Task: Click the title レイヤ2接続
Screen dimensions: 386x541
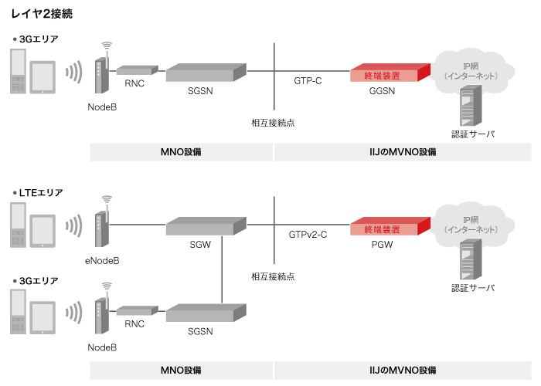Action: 43,15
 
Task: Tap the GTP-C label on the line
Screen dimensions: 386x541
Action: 308,80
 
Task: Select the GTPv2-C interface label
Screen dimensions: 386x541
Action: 308,234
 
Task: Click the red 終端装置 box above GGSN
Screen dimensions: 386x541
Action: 386,74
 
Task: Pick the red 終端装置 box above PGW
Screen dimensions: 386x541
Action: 386,228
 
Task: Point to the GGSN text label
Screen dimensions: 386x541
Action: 382,91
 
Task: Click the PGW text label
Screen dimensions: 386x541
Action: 382,245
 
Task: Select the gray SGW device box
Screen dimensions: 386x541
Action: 206,226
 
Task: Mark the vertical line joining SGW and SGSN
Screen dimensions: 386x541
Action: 223,270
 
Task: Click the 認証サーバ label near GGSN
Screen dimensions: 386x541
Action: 473,134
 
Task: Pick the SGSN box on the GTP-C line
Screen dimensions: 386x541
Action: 206,73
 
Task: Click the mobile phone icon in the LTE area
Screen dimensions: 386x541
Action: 19,225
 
